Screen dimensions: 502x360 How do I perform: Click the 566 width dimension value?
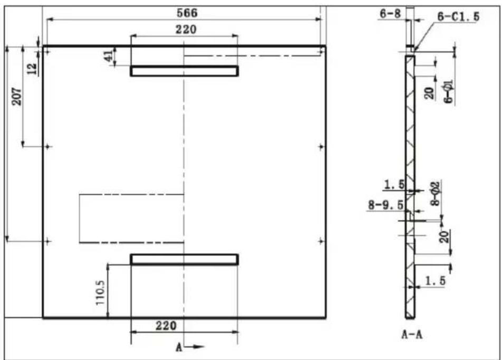click(x=187, y=13)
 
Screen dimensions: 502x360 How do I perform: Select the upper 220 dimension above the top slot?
click(x=186, y=30)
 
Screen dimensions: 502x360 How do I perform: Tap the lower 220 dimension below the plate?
click(x=166, y=326)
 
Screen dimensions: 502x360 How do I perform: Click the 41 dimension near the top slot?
click(x=109, y=56)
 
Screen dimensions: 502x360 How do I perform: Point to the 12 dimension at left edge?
click(x=32, y=68)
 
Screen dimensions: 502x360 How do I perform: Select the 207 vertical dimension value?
click(x=17, y=97)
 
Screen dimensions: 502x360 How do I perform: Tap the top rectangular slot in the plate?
click(x=184, y=71)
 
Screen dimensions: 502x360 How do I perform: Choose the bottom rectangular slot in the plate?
click(x=184, y=259)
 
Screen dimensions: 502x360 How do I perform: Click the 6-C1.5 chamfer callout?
click(x=459, y=17)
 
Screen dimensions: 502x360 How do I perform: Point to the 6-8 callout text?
click(x=390, y=14)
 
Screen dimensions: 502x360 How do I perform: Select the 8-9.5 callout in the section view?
click(x=386, y=205)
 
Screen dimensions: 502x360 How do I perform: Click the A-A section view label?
click(x=412, y=335)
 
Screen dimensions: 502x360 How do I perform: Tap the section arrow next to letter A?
click(x=194, y=347)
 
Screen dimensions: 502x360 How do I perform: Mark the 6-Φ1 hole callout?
click(x=449, y=92)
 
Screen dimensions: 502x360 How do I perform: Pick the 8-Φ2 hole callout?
click(x=435, y=193)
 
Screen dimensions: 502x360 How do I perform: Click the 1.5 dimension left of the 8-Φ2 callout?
click(x=394, y=184)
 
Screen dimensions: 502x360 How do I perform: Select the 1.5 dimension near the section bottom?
click(x=435, y=281)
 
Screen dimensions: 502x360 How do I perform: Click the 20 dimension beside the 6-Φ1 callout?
click(x=429, y=93)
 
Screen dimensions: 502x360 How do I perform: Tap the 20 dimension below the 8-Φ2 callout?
click(x=444, y=236)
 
